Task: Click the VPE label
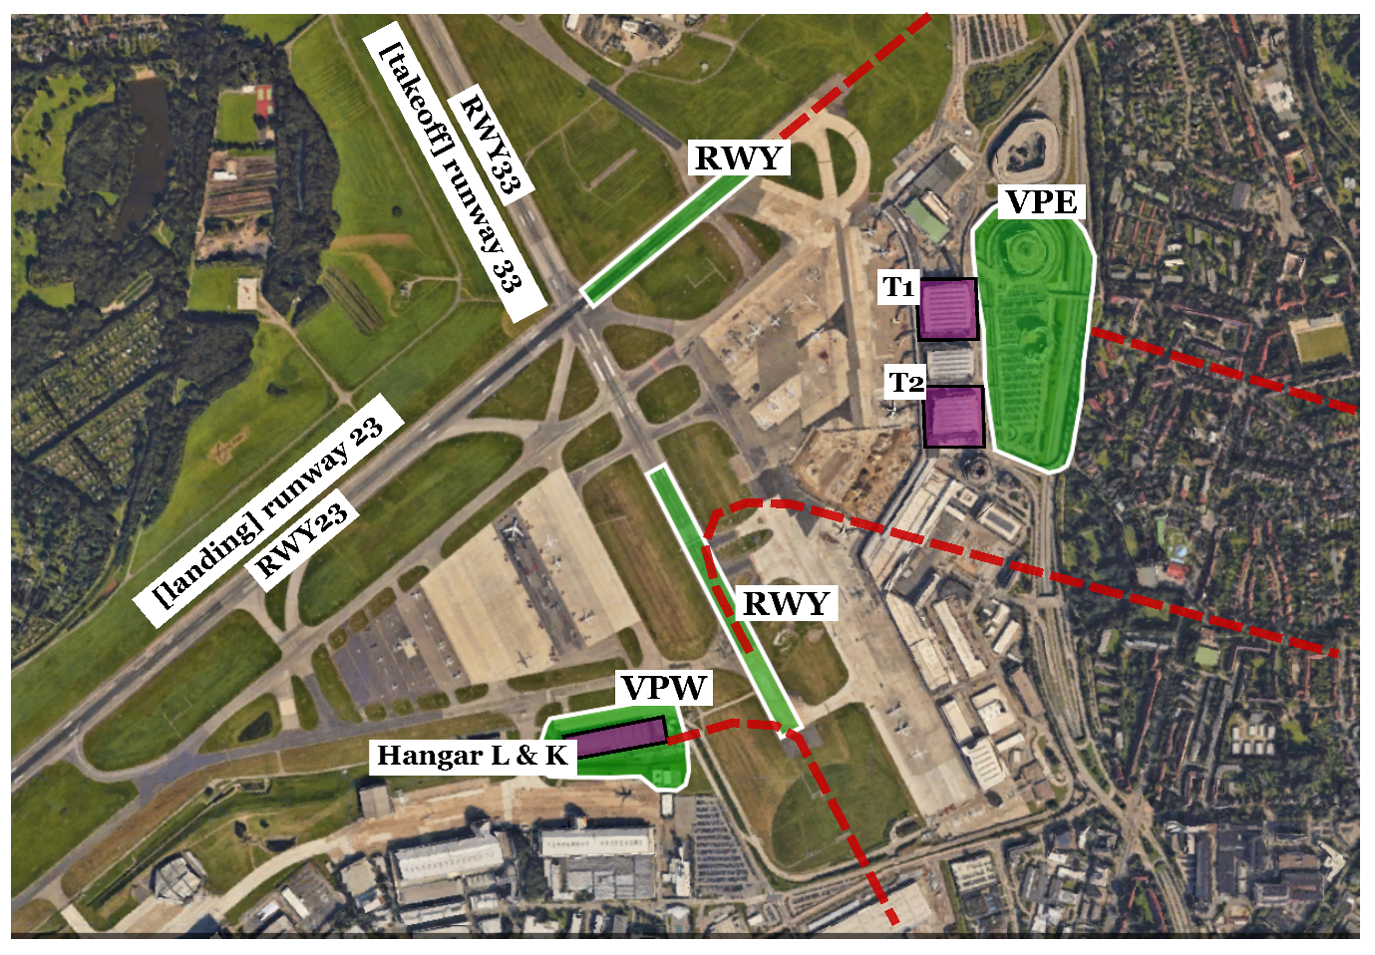pos(1041,202)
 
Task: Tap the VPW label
pos(664,688)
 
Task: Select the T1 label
pos(898,288)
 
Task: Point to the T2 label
pos(906,382)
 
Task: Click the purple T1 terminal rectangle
pos(947,309)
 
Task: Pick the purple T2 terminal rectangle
pos(954,417)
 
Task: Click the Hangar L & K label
pos(472,756)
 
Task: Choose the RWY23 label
pos(302,539)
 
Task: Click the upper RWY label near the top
pos(738,158)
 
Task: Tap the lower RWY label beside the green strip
pos(786,603)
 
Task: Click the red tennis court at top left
pos(263,99)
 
